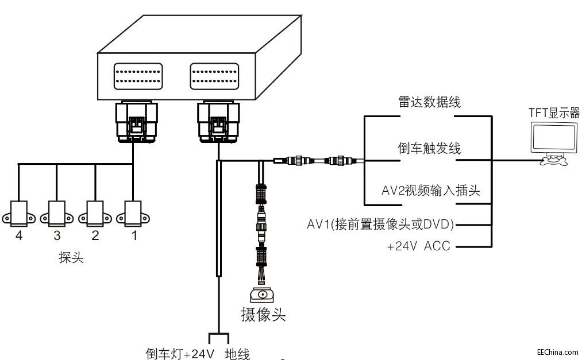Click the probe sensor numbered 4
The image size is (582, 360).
coord(18,214)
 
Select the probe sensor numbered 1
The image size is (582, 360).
coord(133,214)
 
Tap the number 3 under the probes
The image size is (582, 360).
coord(57,235)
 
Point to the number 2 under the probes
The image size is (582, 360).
coord(95,235)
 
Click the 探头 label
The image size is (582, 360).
coord(71,257)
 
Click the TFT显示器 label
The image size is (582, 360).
coord(554,113)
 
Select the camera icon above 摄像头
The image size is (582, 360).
coord(263,295)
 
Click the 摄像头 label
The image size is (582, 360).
coord(263,315)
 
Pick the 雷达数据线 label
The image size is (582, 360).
coord(429,102)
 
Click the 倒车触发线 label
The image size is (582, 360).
coord(429,148)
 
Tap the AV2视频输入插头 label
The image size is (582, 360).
coord(430,191)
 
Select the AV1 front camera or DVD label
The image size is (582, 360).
coord(380,224)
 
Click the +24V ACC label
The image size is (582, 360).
coord(418,246)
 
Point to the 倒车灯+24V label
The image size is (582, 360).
coord(180,354)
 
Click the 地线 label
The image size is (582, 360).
coord(237,354)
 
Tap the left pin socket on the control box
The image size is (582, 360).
coord(138,76)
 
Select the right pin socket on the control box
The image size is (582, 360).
coord(214,76)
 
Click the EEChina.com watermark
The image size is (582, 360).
coord(558,352)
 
